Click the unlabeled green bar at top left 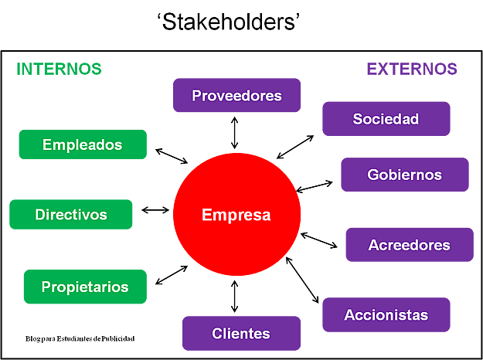click(x=59, y=69)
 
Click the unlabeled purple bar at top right click(x=412, y=69)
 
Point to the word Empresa click(x=236, y=215)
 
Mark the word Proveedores click(x=236, y=96)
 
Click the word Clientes click(x=241, y=334)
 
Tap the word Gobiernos click(x=404, y=175)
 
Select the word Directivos click(x=71, y=215)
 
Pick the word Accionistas click(x=386, y=315)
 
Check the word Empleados click(x=82, y=144)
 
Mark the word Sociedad click(x=386, y=119)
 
